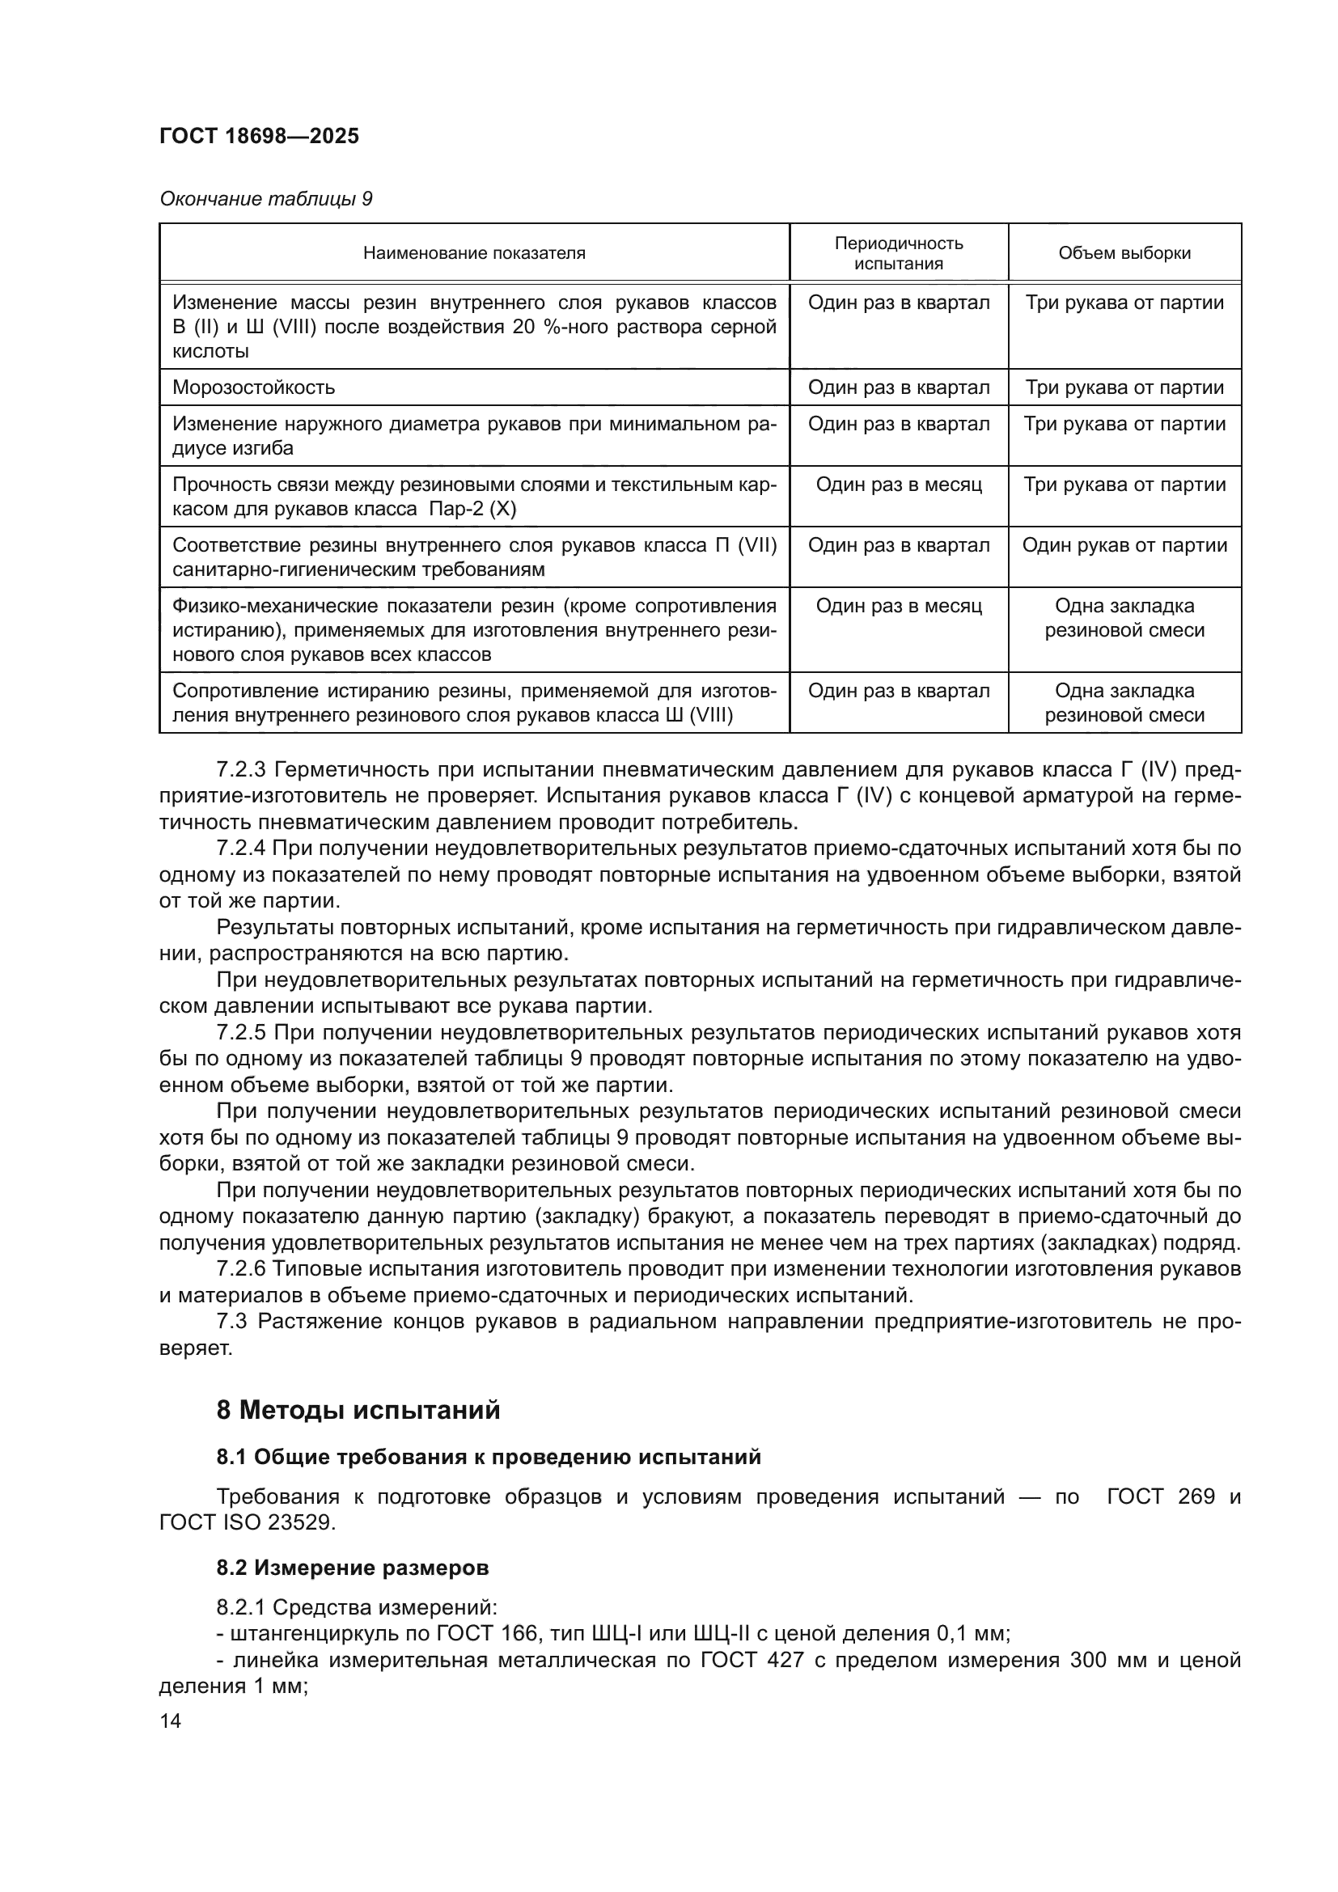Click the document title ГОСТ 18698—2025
[259, 137]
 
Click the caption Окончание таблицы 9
[265, 200]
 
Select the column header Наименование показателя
[474, 253]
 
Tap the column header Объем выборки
[1124, 253]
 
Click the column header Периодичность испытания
[898, 253]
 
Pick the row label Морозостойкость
[253, 387]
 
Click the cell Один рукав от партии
[1124, 545]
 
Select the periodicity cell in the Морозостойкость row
[898, 387]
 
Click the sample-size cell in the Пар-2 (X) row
[1124, 485]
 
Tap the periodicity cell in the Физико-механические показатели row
[898, 607]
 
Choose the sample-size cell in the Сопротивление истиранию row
[1124, 703]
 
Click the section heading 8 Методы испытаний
[358, 1410]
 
